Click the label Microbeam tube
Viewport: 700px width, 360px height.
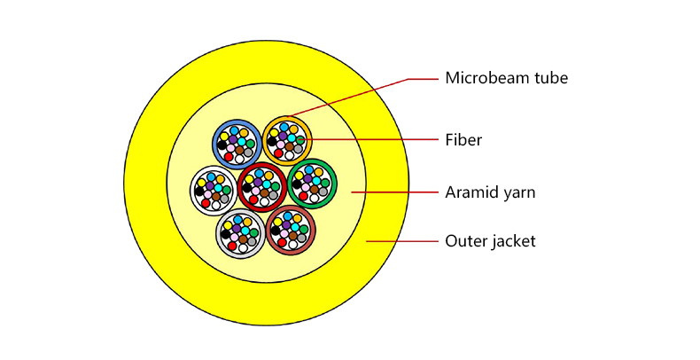506,78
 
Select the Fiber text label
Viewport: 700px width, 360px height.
463,140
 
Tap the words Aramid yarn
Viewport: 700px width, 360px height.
490,192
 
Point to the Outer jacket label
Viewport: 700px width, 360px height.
490,241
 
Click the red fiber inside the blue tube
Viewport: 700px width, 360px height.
229,157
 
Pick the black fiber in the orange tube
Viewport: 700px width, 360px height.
272,142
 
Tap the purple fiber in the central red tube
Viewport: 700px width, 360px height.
258,183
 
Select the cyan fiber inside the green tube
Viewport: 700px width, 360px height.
316,182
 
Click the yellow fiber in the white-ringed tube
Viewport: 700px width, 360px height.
202,183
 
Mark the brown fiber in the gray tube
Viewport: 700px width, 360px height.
244,239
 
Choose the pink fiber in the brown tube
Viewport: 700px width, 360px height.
284,234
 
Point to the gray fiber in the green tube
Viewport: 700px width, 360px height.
323,192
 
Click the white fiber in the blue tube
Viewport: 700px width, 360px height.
239,159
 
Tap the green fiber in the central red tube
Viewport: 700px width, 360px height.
276,187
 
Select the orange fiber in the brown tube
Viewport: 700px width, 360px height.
298,219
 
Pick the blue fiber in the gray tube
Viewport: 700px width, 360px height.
238,220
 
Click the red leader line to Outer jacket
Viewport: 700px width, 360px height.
402,241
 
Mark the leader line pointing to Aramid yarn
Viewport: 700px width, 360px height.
394,192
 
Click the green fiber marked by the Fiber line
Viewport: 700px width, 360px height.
300,140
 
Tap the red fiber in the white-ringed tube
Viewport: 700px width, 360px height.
206,203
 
